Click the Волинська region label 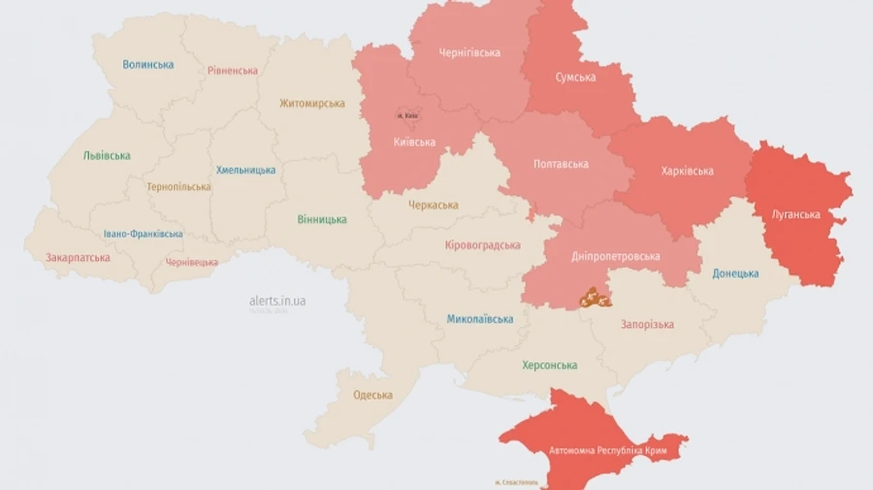(148, 65)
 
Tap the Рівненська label (232, 71)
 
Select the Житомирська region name (312, 104)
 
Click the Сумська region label (575, 78)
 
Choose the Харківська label (687, 172)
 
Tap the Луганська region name (796, 214)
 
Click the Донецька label (735, 274)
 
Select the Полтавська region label (561, 164)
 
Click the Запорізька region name (647, 325)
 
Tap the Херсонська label (549, 366)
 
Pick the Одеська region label (373, 395)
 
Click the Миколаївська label (480, 319)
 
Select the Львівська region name (107, 155)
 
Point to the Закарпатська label (78, 258)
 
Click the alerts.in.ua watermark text (277, 302)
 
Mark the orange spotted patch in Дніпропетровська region (596, 298)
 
